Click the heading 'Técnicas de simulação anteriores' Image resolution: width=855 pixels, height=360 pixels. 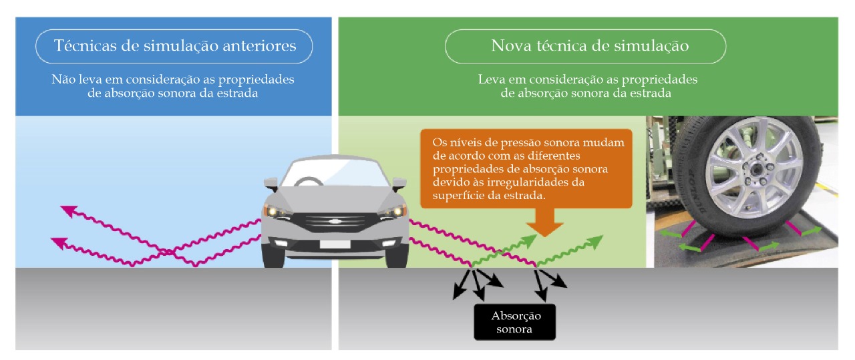click(x=174, y=47)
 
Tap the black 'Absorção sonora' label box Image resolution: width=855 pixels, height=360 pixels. click(x=516, y=323)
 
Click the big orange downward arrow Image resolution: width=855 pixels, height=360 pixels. click(x=545, y=222)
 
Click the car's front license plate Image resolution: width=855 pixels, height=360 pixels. click(x=333, y=244)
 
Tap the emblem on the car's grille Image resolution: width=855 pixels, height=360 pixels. click(x=333, y=220)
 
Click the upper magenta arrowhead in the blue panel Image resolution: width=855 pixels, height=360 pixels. click(x=67, y=212)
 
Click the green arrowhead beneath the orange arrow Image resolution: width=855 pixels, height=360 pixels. click(x=530, y=239)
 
